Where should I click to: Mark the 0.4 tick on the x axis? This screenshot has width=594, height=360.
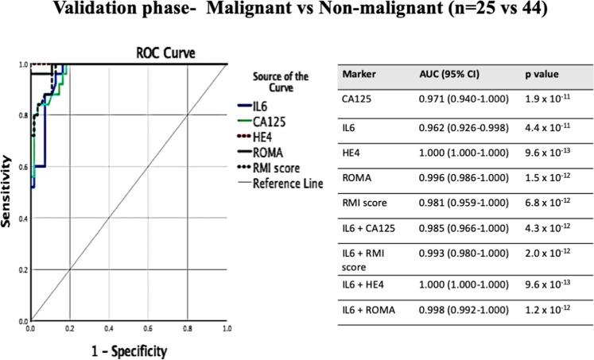coord(109,327)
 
